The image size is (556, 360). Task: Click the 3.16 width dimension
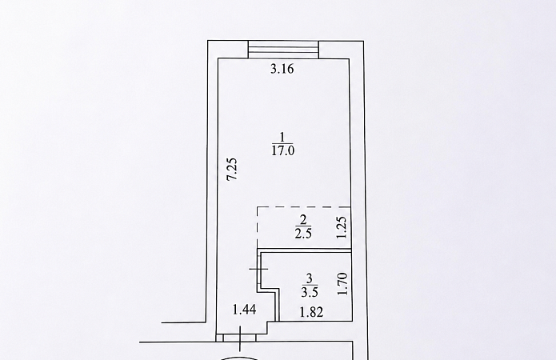pos(282,69)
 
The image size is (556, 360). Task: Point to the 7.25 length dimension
pos(232,169)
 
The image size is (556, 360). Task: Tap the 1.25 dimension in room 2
pos(341,227)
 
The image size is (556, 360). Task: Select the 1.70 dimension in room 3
pos(342,284)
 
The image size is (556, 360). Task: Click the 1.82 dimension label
pos(311,313)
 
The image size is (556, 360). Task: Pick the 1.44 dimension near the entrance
pos(244,310)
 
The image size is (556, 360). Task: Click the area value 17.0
pos(283,150)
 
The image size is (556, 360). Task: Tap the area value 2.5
pos(303,234)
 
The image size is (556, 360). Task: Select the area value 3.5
pos(310,292)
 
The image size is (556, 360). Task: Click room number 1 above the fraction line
pos(282,137)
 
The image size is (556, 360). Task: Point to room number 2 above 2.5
pos(303,220)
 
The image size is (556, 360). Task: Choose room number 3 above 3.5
pos(310,278)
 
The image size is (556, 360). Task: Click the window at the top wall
pos(283,50)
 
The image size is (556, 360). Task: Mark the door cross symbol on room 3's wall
pos(258,270)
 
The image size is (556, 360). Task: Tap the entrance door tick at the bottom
pos(241,339)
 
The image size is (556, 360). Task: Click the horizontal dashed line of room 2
pos(304,206)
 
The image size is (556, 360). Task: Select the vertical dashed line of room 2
pos(258,227)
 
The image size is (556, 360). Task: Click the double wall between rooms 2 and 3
pos(305,250)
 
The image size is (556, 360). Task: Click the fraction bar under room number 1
pos(282,144)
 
